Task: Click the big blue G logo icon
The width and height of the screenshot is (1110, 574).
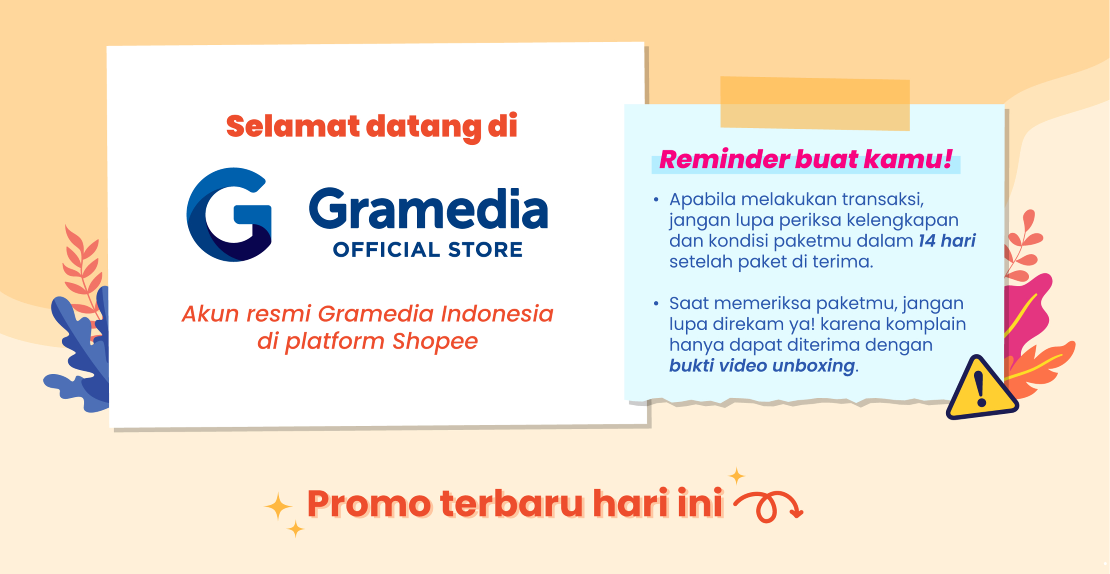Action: click(x=229, y=214)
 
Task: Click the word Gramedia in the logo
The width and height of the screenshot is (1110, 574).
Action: click(x=428, y=209)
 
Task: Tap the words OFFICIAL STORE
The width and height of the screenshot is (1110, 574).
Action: click(x=428, y=250)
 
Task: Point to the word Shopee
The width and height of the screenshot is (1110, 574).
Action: click(x=435, y=341)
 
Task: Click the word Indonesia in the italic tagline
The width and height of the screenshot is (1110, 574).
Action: click(x=497, y=314)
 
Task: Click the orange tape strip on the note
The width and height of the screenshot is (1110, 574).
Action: click(x=815, y=103)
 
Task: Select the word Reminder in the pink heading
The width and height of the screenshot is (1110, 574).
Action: click(x=724, y=160)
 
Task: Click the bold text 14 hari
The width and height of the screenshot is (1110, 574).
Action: click(x=947, y=241)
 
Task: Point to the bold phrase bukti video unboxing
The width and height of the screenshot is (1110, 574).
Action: click(x=762, y=366)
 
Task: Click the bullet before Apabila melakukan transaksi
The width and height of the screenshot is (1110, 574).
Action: click(x=656, y=200)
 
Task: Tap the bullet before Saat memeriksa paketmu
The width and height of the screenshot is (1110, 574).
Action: click(x=656, y=304)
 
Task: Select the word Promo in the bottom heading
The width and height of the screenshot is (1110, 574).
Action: click(x=368, y=504)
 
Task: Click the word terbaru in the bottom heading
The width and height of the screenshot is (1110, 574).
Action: click(x=511, y=503)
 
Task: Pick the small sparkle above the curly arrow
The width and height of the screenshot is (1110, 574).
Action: click(x=737, y=476)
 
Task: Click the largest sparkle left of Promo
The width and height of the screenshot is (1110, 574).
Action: click(x=278, y=506)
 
